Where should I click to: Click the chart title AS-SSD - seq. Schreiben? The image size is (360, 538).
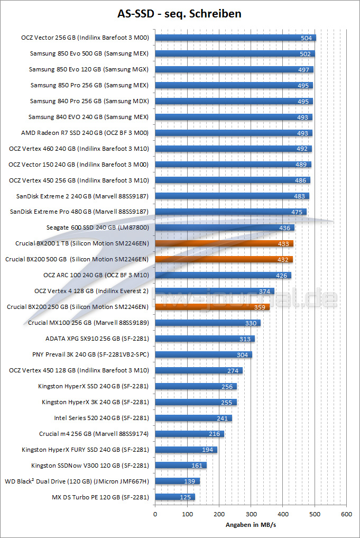click(x=180, y=14)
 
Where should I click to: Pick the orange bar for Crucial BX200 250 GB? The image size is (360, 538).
click(x=211, y=307)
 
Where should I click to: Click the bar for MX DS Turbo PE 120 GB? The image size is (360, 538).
click(x=174, y=497)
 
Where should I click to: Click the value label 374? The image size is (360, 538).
click(x=265, y=291)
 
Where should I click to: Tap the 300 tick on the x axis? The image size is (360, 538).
click(x=251, y=514)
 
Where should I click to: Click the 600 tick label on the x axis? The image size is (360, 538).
click(x=346, y=514)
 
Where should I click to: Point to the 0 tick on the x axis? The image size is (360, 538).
click(x=155, y=514)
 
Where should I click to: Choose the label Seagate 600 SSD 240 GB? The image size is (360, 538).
click(x=97, y=227)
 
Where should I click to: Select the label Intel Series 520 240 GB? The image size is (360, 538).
click(x=101, y=418)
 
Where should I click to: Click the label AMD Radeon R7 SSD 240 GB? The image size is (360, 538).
click(x=85, y=133)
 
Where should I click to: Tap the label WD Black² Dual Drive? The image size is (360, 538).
click(x=77, y=481)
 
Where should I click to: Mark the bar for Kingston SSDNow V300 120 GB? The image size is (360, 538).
click(x=180, y=466)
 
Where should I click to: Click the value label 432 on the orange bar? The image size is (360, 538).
click(x=284, y=259)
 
